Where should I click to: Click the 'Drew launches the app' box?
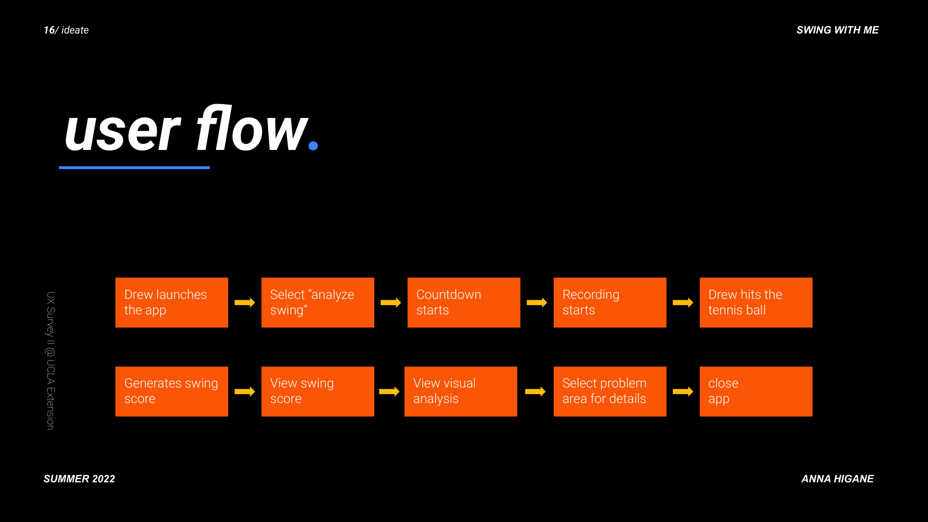pos(172,302)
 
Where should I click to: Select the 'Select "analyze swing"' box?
pos(318,302)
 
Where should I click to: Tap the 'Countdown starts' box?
pos(463,302)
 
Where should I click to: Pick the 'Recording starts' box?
pos(609,302)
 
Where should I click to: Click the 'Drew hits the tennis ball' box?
pos(756,302)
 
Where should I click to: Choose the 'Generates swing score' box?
pos(172,391)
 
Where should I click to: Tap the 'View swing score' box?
pos(318,391)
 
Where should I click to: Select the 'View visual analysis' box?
pos(460,391)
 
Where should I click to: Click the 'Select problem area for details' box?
pos(609,391)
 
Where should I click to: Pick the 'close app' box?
pos(756,391)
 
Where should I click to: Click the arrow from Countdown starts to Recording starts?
pos(537,302)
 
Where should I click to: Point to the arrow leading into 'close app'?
pos(683,392)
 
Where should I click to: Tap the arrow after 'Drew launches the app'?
pos(245,302)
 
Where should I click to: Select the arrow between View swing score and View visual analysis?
pos(389,392)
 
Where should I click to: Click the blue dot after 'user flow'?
pos(313,146)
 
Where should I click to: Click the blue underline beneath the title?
pos(134,167)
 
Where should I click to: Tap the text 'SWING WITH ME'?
pos(837,30)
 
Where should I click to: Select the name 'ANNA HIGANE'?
pos(837,479)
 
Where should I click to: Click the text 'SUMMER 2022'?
pos(79,479)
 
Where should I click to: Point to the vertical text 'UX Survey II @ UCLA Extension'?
pos(51,361)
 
